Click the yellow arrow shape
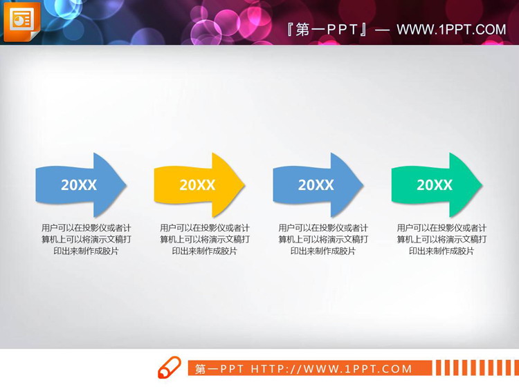pyautogui.click(x=198, y=185)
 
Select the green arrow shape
pyautogui.click(x=435, y=185)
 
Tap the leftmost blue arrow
pyautogui.click(x=80, y=185)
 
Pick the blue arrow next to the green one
pyautogui.click(x=317, y=185)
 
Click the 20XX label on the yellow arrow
pyautogui.click(x=197, y=185)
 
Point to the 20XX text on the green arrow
pyautogui.click(x=435, y=185)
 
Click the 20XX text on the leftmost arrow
pyautogui.click(x=79, y=185)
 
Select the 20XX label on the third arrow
pyautogui.click(x=316, y=185)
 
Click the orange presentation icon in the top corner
pyautogui.click(x=21, y=21)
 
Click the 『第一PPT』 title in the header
pyautogui.click(x=327, y=30)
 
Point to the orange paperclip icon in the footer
pyautogui.click(x=169, y=368)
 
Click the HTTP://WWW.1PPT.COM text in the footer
pyautogui.click(x=331, y=369)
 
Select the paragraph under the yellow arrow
pyautogui.click(x=205, y=239)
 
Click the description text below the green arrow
pyautogui.click(x=441, y=239)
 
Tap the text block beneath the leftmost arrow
pyautogui.click(x=86, y=239)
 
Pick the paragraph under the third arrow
pyautogui.click(x=323, y=239)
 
